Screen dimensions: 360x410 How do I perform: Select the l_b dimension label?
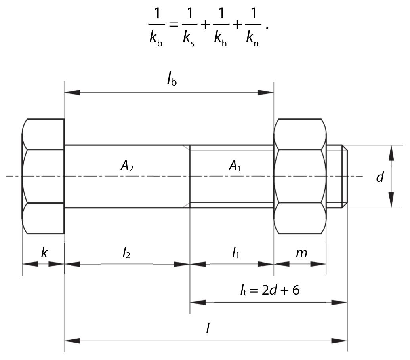171,80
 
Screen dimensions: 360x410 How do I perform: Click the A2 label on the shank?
127,166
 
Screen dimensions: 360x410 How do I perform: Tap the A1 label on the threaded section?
235,166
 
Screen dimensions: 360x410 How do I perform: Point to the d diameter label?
380,177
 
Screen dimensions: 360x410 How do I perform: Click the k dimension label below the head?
44,253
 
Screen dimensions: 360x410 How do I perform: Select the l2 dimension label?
126,253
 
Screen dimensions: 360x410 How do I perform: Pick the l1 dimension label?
235,253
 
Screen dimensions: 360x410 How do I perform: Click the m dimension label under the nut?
301,253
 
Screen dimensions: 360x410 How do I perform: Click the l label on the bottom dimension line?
208,329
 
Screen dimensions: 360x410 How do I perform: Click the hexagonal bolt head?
43,176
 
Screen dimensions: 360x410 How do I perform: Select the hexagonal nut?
300,176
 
